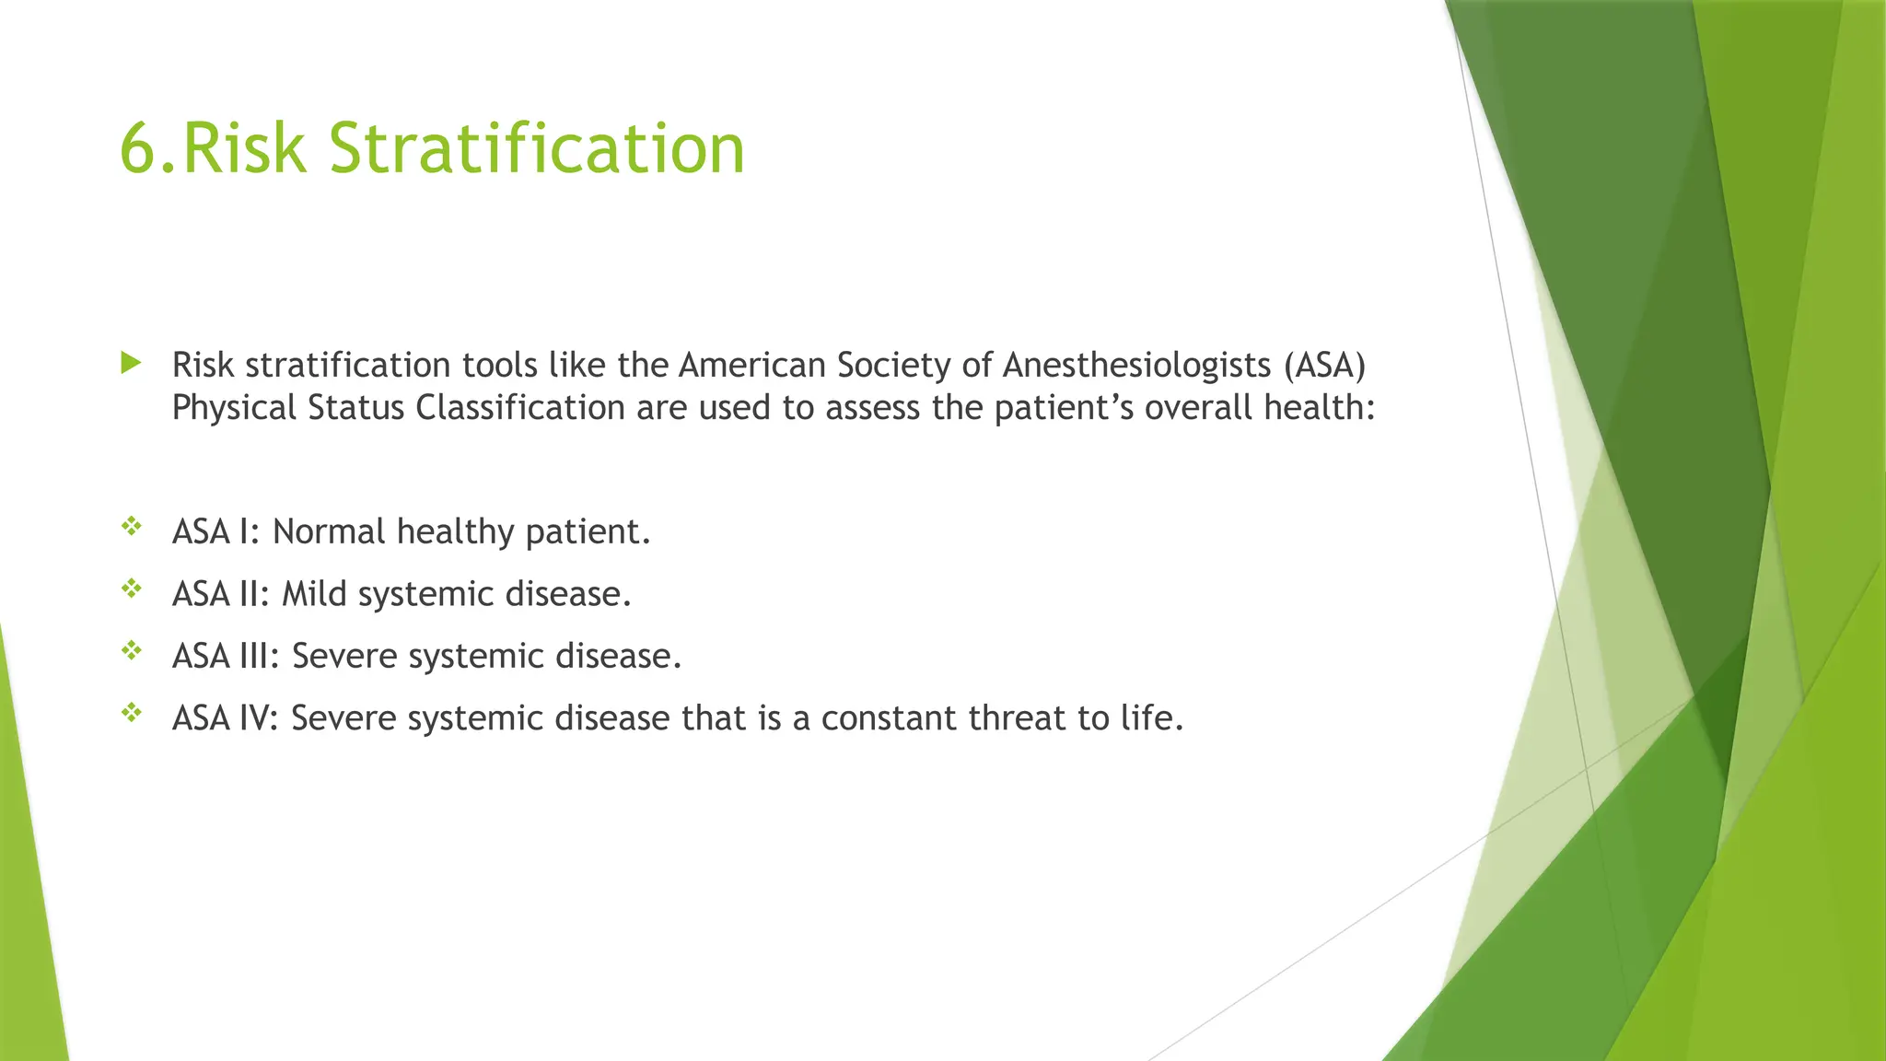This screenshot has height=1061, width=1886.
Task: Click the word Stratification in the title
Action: click(536, 148)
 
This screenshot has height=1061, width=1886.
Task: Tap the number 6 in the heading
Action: click(137, 148)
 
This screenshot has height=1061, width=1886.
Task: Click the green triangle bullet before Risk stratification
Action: click(131, 363)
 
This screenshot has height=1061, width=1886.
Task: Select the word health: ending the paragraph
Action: click(1319, 407)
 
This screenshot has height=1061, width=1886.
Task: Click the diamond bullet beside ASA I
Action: click(132, 527)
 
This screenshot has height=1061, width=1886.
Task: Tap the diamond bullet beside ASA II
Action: click(132, 589)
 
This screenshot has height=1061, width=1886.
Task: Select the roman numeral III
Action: click(258, 656)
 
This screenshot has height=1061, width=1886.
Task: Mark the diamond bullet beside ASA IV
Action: click(132, 713)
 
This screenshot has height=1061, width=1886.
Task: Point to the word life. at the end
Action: click(1151, 718)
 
